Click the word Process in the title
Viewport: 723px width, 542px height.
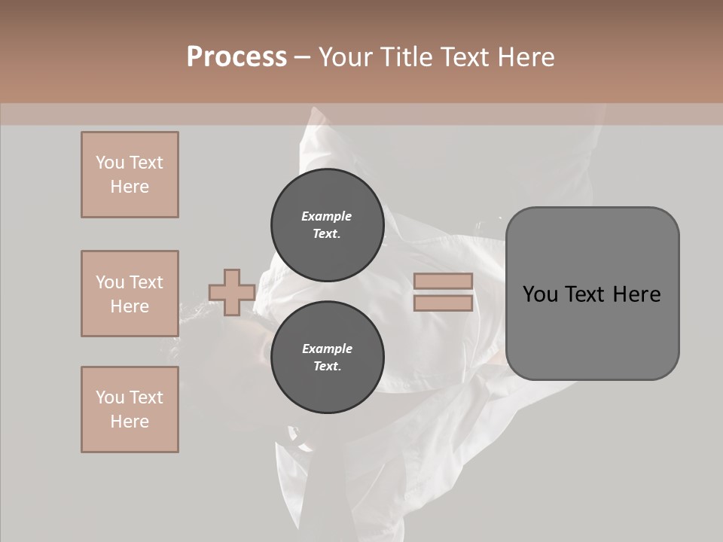point(236,56)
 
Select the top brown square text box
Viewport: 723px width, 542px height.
point(130,175)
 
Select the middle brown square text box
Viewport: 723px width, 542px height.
point(130,294)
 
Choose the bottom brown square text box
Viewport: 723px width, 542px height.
point(130,410)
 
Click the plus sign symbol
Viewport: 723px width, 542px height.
point(231,293)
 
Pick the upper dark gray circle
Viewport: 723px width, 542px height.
point(328,225)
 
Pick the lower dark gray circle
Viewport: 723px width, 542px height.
point(328,358)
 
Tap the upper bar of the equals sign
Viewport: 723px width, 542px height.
point(443,281)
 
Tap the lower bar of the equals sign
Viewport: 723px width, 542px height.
point(443,303)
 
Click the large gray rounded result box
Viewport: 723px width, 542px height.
point(592,331)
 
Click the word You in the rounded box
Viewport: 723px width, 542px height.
point(541,294)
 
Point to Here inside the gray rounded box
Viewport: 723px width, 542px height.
point(637,294)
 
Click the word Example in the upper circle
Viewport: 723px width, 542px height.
point(327,217)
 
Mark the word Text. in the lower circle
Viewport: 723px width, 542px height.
point(327,367)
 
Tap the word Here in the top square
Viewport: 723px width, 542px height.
point(130,187)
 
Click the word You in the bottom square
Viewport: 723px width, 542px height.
point(108,397)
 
